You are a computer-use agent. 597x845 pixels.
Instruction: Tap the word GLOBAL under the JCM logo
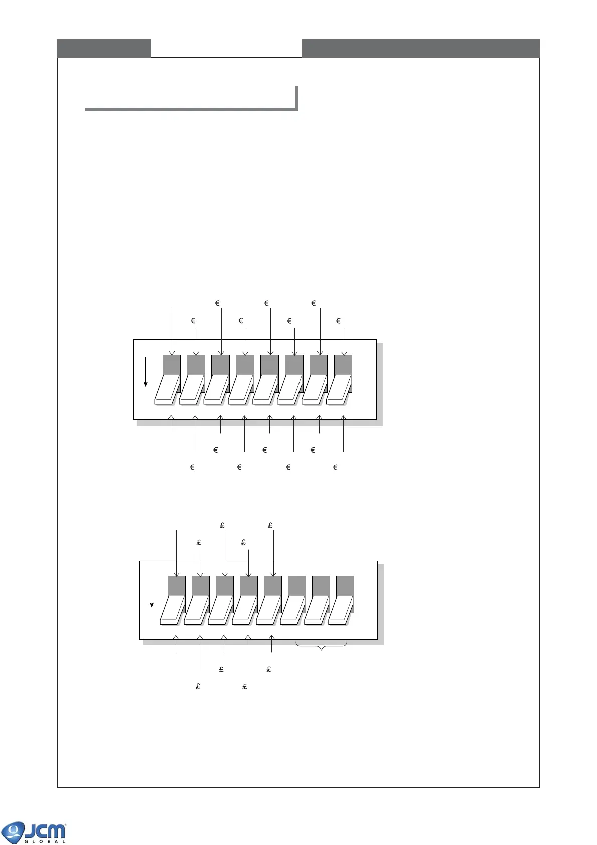coord(45,841)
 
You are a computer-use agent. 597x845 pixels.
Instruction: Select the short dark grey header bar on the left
coord(104,48)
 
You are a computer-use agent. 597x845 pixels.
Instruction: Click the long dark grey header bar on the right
coord(420,48)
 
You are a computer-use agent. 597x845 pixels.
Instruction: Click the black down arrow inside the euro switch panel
coord(146,372)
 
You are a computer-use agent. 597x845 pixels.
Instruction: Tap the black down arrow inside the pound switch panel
coord(152,593)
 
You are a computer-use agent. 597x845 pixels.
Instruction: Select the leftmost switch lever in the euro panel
coord(168,389)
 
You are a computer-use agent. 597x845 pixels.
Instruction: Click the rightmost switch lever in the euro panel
coord(339,389)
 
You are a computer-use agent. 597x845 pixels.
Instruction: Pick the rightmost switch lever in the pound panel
coord(341,610)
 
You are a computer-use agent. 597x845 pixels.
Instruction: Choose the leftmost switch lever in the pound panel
coord(173,610)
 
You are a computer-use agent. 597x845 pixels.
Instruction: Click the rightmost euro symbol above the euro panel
coord(338,321)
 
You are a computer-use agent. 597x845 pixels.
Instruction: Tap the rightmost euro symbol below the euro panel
coord(335,467)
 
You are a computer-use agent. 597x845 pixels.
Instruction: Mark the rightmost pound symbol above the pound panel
coord(270,525)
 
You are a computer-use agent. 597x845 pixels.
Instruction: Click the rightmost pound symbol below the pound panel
coord(269,669)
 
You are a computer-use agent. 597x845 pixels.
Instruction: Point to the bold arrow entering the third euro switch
coord(221,331)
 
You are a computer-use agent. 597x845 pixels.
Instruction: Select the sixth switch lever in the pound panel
coord(293,610)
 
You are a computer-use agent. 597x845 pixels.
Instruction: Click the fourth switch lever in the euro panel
coord(241,389)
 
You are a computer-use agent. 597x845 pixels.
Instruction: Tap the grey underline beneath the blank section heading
coord(191,109)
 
